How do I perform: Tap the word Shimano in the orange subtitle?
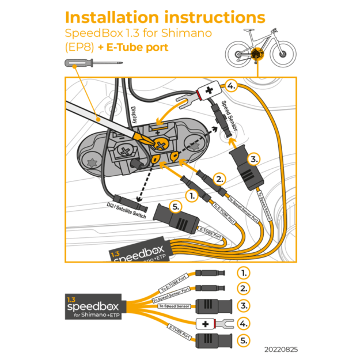pos(187,33)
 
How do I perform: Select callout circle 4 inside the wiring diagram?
pos(231,86)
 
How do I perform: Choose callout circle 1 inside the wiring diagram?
pos(192,195)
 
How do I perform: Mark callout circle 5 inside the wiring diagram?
pos(176,206)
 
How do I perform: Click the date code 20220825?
pos(282,349)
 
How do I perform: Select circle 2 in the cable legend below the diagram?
pos(245,289)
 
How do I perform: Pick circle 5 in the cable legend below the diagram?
pos(245,340)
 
